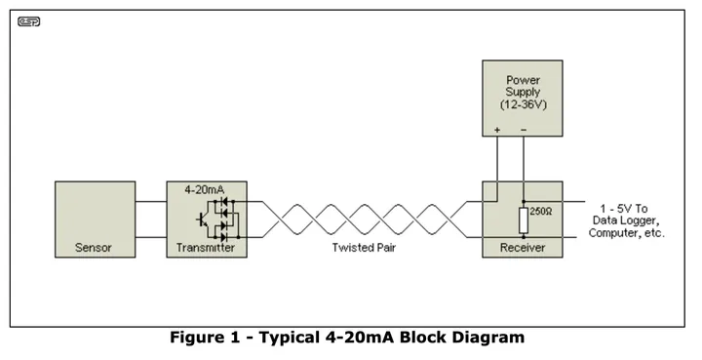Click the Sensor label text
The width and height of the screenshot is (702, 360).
pos(94,248)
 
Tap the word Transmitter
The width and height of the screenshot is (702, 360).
pos(206,248)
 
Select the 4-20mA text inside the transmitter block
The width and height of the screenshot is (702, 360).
pos(205,190)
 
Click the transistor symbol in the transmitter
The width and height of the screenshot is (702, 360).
pos(202,220)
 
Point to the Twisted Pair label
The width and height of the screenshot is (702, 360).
pos(364,248)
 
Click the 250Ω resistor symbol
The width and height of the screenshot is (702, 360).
pos(524,220)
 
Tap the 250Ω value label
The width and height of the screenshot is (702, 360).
pos(541,212)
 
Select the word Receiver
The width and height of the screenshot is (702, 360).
pos(523,248)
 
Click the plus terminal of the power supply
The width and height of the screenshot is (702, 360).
pos(497,131)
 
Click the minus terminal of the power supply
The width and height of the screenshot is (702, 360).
pos(524,131)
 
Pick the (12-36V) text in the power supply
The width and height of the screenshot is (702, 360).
pos(524,104)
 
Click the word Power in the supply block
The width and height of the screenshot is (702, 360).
pos(523,80)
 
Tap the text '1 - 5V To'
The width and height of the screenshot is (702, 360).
pos(624,209)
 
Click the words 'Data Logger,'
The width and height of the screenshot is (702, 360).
pos(626,220)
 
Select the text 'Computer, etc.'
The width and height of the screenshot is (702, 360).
pos(627,233)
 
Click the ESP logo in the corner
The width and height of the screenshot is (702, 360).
pos(29,21)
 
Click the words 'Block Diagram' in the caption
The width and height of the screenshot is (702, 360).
pos(461,338)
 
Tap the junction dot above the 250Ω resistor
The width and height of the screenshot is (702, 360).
pos(524,202)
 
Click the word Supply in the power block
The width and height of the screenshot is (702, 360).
pos(523,93)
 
